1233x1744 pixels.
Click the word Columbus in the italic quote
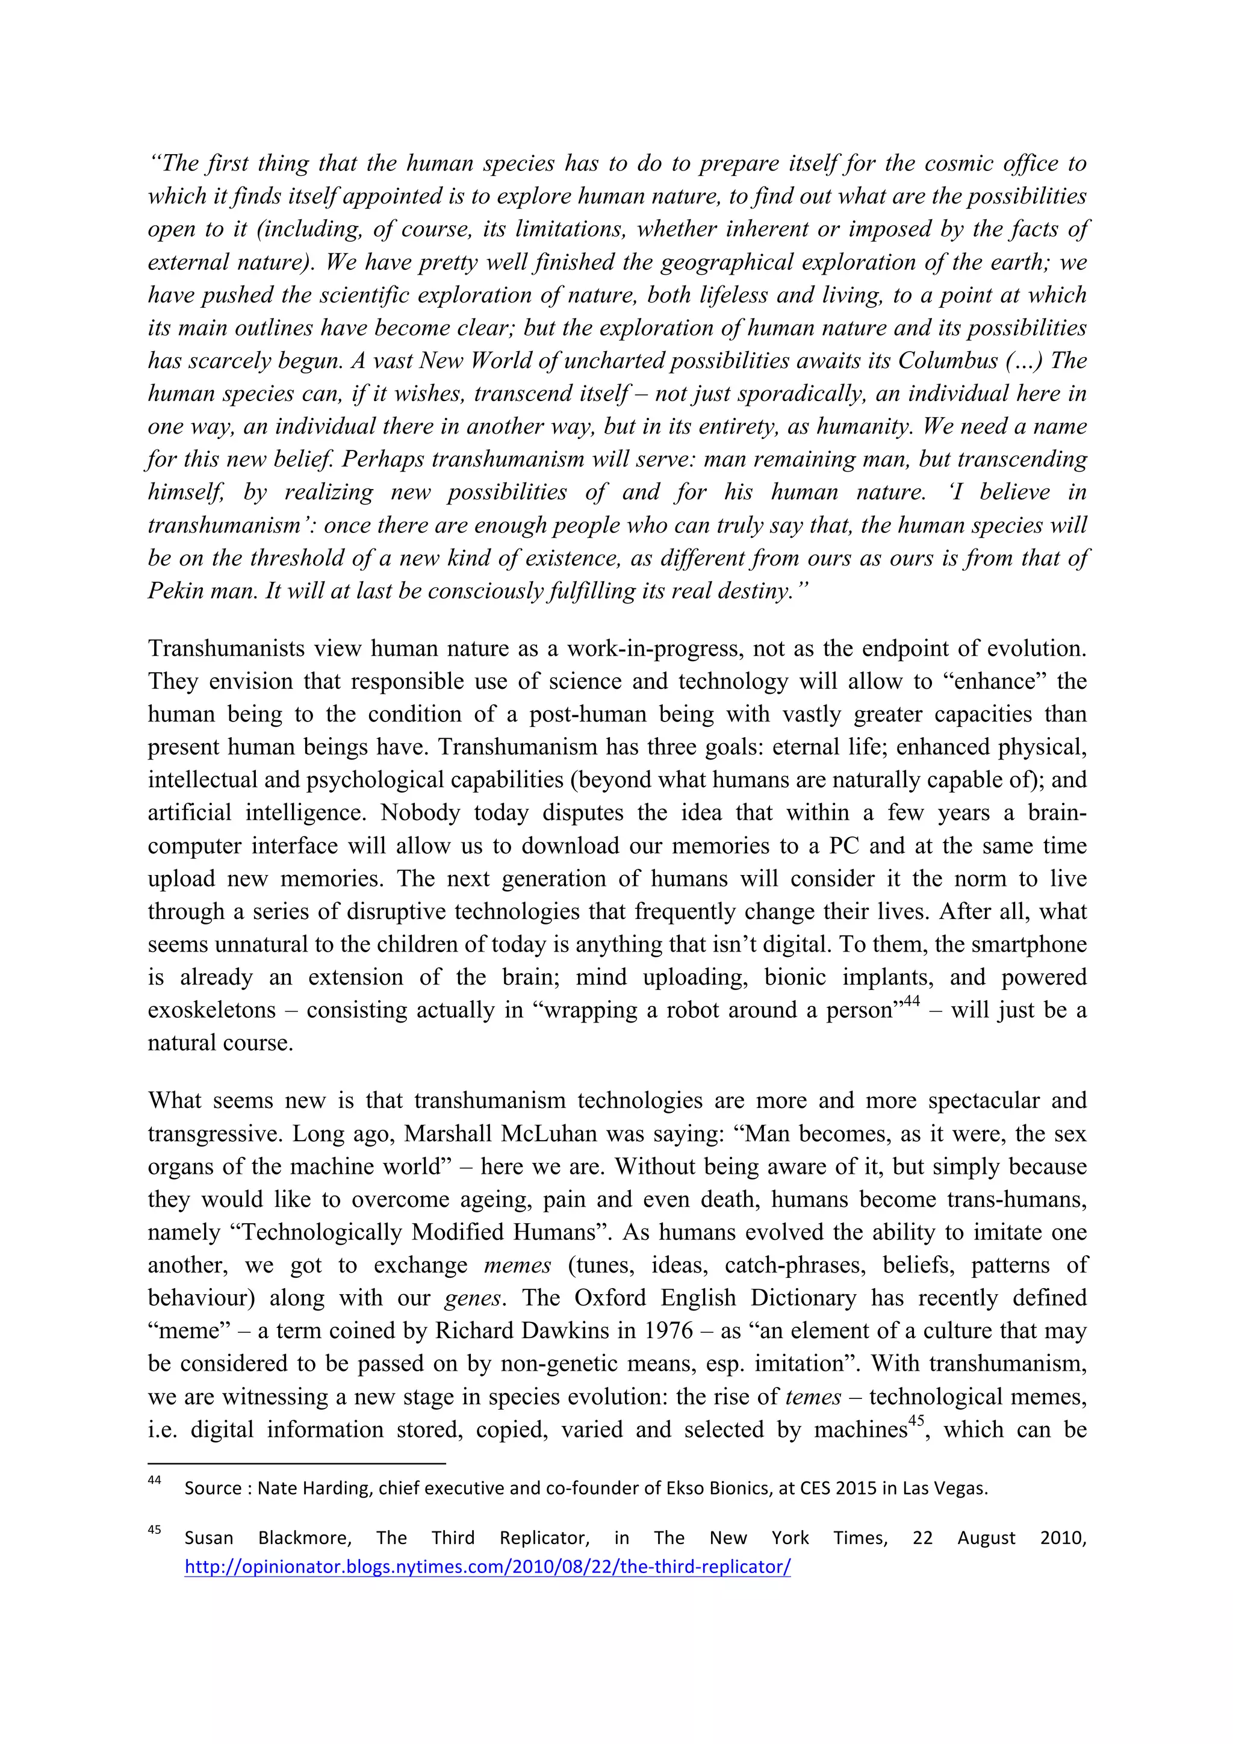(948, 360)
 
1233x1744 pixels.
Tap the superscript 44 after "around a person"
(910, 1001)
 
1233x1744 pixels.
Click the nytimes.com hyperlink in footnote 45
(488, 1566)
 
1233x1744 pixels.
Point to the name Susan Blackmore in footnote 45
(267, 1537)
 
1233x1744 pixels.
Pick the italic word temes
(813, 1396)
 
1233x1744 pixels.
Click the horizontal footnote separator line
(296, 1462)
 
